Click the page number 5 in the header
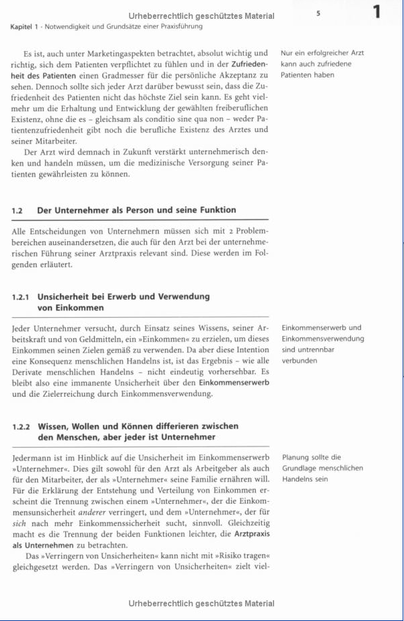(318, 13)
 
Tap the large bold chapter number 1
(376, 12)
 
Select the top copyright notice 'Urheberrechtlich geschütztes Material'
(201, 16)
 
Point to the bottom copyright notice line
(201, 603)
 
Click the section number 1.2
(18, 210)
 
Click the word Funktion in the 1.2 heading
(217, 210)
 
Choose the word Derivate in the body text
(28, 371)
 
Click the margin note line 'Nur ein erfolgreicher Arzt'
(323, 53)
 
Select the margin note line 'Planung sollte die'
(311, 457)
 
